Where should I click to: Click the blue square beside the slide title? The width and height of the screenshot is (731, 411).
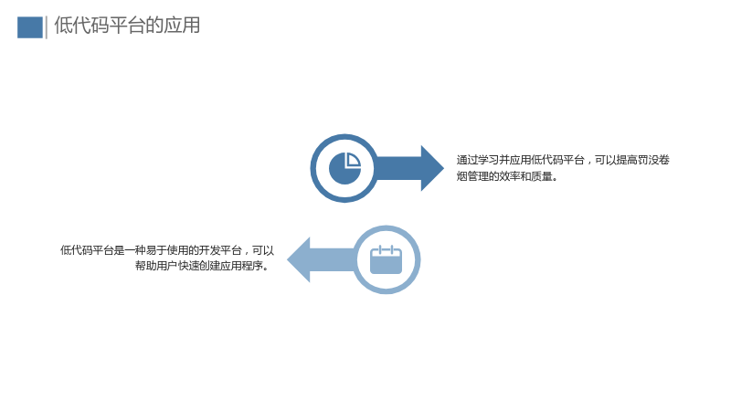(x=30, y=27)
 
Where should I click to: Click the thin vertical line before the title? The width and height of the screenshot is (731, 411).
(x=47, y=27)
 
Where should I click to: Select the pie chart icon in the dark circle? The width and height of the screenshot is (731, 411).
(x=345, y=168)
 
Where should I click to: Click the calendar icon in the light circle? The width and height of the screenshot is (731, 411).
(x=386, y=259)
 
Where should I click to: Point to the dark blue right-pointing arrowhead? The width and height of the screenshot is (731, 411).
(x=432, y=168)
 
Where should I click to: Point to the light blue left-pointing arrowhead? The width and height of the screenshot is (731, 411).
(x=299, y=259)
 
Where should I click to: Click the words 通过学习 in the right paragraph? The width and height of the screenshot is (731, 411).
(x=477, y=160)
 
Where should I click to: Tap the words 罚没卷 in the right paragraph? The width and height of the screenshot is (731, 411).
(x=653, y=160)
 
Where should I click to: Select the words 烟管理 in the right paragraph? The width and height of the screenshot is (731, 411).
(x=472, y=176)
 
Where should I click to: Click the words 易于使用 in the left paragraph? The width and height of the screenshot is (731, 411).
(x=167, y=250)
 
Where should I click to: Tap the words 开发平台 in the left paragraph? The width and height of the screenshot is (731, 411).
(x=220, y=250)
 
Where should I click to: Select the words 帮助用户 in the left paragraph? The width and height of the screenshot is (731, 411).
(x=156, y=266)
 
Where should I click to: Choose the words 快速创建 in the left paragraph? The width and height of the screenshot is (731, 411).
(x=199, y=266)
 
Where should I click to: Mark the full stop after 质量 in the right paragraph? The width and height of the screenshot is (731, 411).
(x=555, y=179)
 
